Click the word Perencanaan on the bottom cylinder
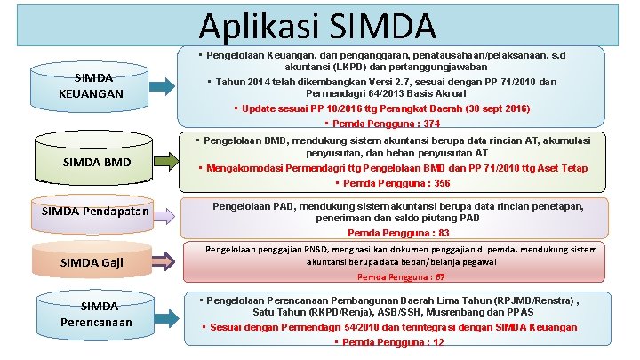pyautogui.click(x=98, y=322)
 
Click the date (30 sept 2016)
pyautogui.click(x=488, y=108)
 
